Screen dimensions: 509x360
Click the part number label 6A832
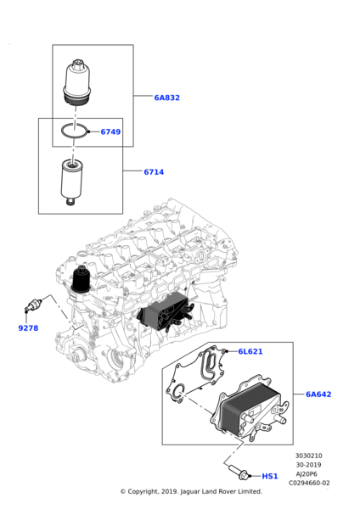[x=166, y=98]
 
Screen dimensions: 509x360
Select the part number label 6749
[x=110, y=131]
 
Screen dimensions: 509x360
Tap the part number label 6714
[x=154, y=172]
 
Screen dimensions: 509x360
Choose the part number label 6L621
[x=250, y=351]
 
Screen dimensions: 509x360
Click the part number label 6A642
[x=318, y=394]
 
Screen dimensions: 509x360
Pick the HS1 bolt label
[x=270, y=477]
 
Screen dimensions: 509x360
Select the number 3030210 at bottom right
[x=309, y=456]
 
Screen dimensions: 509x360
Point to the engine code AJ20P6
[x=308, y=474]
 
